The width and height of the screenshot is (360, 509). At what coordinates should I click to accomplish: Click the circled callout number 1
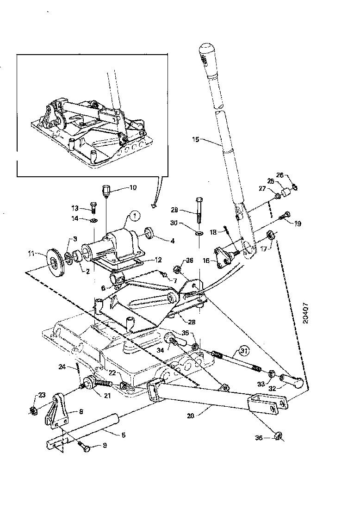pyautogui.click(x=134, y=215)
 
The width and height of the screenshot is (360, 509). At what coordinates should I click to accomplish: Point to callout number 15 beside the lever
pyautogui.click(x=196, y=138)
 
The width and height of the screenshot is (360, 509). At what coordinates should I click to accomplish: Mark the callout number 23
pyautogui.click(x=42, y=395)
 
